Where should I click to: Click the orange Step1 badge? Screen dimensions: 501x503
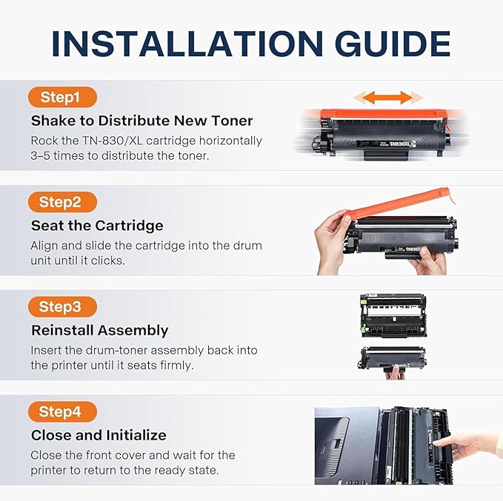[x=63, y=98]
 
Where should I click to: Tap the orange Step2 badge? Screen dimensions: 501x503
[x=63, y=202]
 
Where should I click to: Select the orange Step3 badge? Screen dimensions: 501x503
[x=63, y=307]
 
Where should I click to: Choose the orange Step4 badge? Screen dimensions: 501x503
[x=63, y=411]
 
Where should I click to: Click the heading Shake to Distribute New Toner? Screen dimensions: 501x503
[x=141, y=121]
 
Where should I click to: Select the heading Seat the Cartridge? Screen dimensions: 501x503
[x=97, y=226]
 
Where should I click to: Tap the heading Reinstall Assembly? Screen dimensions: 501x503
[x=99, y=331]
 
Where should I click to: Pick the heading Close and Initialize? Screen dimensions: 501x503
[x=99, y=435]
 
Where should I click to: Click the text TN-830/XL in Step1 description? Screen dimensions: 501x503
[x=116, y=141]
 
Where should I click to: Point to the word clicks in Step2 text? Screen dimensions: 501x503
[x=110, y=260]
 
